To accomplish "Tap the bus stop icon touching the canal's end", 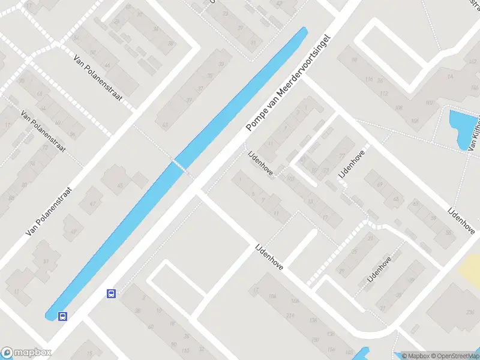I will click(62, 316).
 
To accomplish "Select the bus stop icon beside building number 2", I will click(111, 293).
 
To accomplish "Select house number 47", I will click(92, 205).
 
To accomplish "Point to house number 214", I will click(292, 315).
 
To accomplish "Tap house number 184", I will click(273, 296).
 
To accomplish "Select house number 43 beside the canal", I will click(165, 125).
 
